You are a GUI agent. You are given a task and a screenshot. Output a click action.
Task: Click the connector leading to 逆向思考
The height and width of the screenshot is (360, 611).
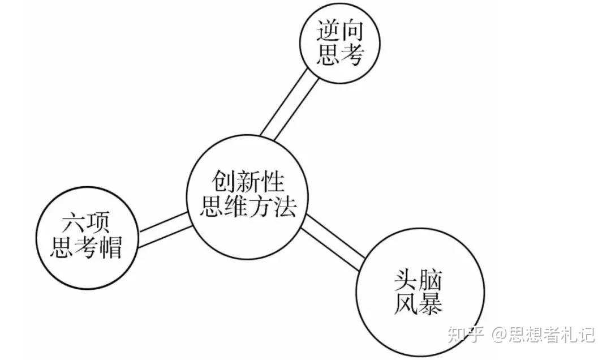(x=289, y=105)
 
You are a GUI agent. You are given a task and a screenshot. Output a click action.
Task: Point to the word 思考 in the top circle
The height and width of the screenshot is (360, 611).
(x=339, y=55)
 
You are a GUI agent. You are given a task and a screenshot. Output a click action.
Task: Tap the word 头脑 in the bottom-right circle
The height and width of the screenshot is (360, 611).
(x=419, y=280)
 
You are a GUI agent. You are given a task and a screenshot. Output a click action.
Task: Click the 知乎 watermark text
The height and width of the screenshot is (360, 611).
(x=465, y=335)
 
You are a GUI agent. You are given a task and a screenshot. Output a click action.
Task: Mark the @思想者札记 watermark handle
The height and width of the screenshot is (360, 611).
(x=543, y=335)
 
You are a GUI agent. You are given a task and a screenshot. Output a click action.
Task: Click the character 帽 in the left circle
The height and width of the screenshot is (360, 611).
(x=110, y=247)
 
